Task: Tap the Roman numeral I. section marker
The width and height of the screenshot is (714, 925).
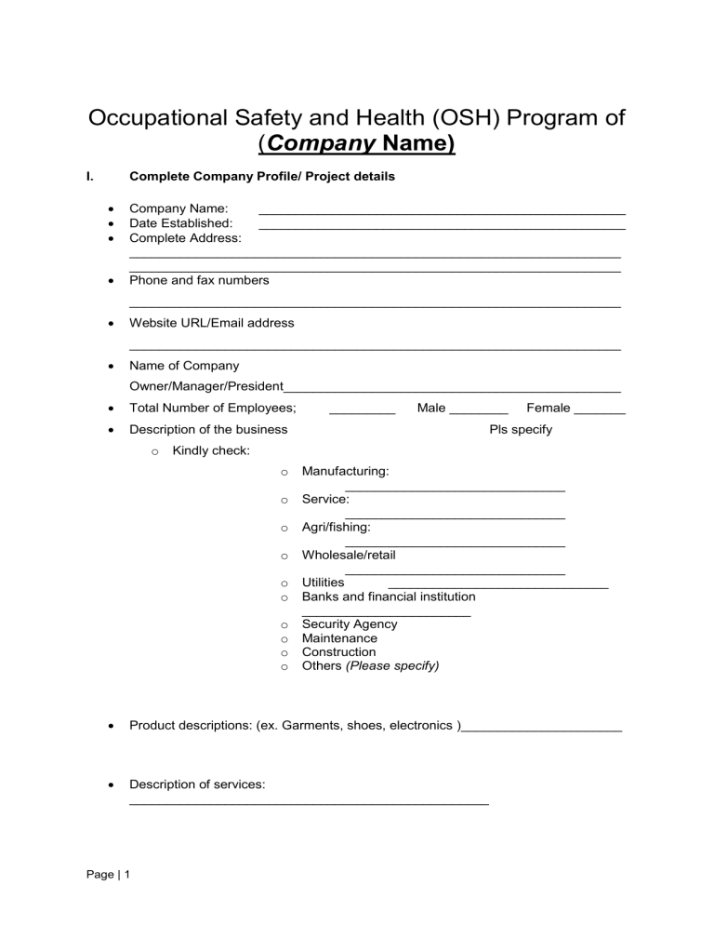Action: [x=91, y=176]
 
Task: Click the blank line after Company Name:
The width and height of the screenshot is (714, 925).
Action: [x=442, y=214]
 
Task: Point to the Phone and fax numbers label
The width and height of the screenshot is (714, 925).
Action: [x=199, y=280]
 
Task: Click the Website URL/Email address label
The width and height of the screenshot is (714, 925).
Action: [x=211, y=323]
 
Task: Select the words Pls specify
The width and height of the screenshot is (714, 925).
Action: [x=521, y=430]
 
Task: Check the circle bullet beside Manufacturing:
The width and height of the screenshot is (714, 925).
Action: [x=284, y=474]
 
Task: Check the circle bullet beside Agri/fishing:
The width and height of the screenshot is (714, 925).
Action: [x=284, y=529]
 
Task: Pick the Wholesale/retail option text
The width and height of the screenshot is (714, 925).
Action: [x=349, y=556]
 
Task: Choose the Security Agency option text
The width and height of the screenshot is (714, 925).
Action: [x=350, y=624]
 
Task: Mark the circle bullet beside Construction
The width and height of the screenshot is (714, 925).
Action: [x=284, y=653]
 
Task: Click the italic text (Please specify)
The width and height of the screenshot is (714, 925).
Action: [x=392, y=666]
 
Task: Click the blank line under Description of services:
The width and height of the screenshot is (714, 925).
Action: [x=309, y=801]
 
